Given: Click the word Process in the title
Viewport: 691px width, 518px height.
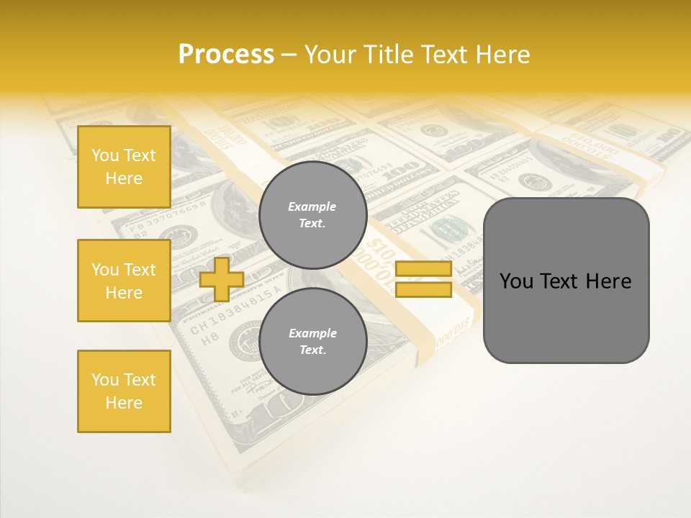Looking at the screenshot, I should pos(226,55).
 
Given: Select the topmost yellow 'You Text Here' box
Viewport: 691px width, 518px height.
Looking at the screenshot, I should pos(124,167).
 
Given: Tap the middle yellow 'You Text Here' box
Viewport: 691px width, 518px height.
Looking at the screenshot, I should pos(124,281).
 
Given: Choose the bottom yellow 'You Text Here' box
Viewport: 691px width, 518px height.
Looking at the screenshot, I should pos(124,391).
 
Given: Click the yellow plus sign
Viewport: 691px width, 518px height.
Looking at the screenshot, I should pos(221,279).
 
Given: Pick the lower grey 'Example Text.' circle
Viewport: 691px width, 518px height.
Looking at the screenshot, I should pos(312,341).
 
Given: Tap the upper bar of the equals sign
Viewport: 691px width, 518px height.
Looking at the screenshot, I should pos(423,269).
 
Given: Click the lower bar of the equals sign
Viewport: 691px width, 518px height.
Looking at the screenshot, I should pos(423,290).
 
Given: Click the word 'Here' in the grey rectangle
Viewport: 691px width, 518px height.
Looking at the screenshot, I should pos(608,281).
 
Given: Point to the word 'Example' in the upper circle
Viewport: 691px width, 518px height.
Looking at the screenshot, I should pos(312,206).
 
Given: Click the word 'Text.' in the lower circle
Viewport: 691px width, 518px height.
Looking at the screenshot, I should pos(312,350).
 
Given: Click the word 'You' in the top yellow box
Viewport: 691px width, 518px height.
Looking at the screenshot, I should pos(105,155).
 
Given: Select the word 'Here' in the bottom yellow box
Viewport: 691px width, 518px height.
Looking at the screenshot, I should pos(124,403).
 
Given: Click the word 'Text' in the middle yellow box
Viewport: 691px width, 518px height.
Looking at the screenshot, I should pos(140,270).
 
